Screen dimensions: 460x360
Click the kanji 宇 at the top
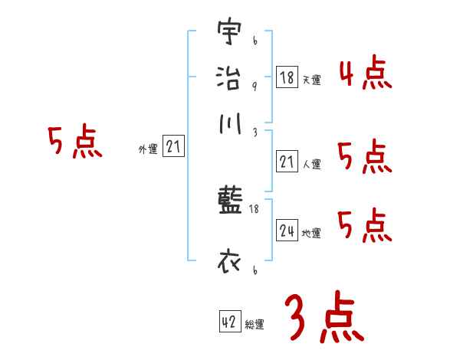coord(229,32)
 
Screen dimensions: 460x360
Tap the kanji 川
coord(229,123)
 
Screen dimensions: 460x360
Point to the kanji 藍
coord(229,202)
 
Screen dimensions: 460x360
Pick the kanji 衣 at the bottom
coord(229,263)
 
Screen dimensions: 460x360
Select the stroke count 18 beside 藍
coord(254,208)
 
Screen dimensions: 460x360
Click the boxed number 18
coord(287,77)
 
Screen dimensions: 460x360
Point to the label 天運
coord(311,80)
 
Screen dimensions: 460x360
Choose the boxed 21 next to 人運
coord(287,161)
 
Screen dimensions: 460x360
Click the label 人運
coord(311,164)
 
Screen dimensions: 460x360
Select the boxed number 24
coord(287,231)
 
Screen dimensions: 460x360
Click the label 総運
coord(255,325)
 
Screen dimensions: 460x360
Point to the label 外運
coord(148,150)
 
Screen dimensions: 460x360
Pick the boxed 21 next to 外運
coord(173,147)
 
